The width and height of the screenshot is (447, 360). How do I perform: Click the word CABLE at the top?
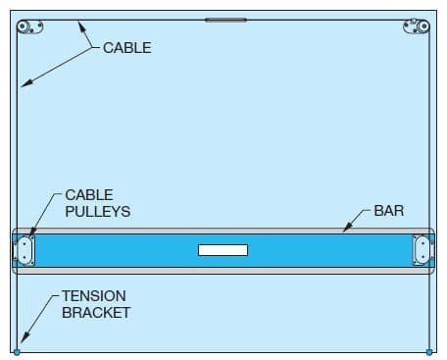(127, 47)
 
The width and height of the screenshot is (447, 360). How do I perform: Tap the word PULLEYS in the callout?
(98, 211)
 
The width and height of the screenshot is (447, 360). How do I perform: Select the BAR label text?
(389, 211)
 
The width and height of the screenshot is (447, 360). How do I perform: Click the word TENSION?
(93, 295)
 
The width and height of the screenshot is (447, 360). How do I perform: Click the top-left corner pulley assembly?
(30, 25)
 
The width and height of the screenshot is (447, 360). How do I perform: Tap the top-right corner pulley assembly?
(416, 25)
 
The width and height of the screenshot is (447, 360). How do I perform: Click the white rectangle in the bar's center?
(223, 250)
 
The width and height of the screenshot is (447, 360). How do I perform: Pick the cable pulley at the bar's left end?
(25, 249)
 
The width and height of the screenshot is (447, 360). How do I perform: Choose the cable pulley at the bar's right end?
(422, 249)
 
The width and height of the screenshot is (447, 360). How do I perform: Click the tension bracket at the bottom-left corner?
(17, 351)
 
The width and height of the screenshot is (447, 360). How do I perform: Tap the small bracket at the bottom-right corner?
(430, 351)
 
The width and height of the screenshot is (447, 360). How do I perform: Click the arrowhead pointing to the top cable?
(80, 24)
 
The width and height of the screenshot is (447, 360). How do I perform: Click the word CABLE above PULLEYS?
(89, 195)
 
